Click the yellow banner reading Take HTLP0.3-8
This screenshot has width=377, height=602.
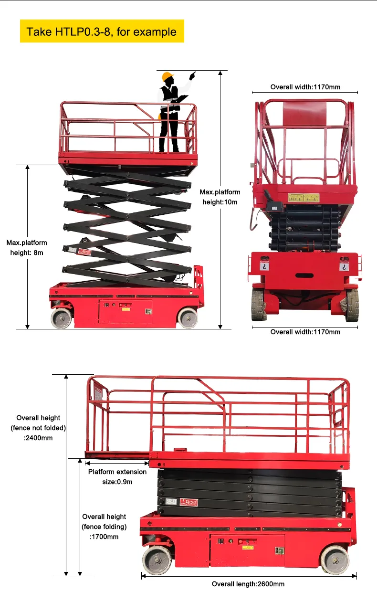[102, 32]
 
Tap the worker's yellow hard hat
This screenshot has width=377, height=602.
[167, 77]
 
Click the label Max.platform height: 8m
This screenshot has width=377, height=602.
[27, 248]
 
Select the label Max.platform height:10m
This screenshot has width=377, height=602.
[220, 197]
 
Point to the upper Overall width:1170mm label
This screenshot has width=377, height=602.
[305, 87]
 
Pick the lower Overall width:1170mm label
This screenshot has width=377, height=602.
[305, 332]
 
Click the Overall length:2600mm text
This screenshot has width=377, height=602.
[248, 584]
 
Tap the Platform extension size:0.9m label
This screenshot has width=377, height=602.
[117, 476]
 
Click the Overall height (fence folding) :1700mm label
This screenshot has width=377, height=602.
[104, 527]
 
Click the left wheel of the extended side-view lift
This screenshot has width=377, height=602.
[62, 317]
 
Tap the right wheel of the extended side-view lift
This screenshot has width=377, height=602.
[188, 317]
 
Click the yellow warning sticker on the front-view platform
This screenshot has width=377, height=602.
[303, 198]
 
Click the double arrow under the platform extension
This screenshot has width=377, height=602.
[117, 463]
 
